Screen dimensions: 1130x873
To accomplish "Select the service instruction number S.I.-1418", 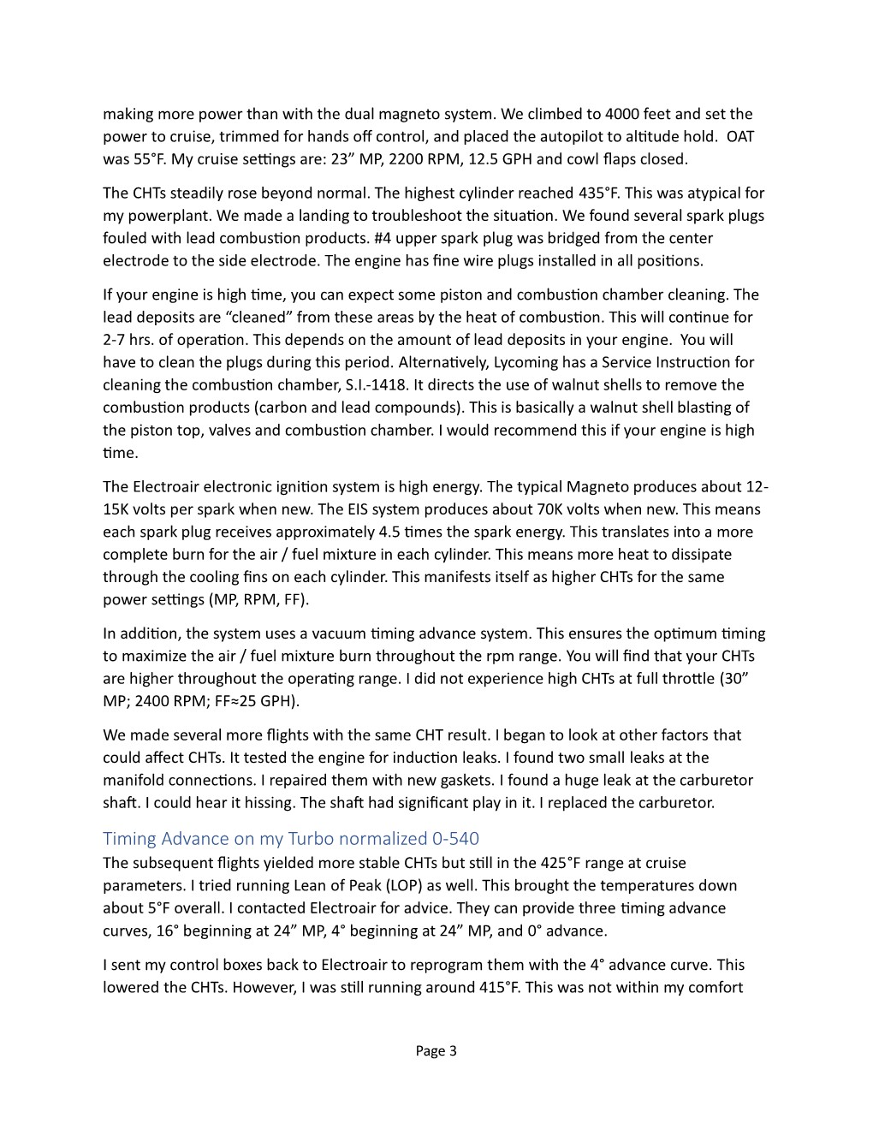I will [x=463, y=385].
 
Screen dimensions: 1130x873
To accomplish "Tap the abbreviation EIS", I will [x=432, y=509].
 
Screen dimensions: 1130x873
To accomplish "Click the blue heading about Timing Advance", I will [x=291, y=838].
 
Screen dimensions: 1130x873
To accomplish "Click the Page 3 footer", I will [x=436, y=1050].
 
